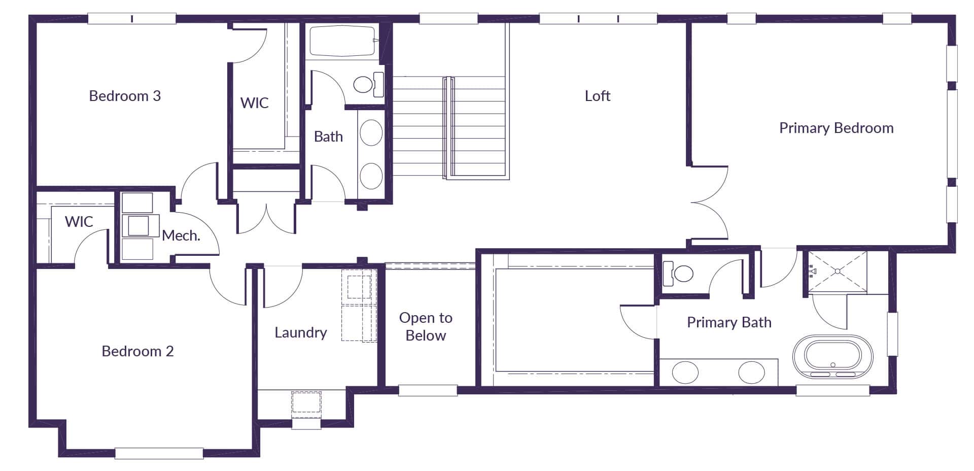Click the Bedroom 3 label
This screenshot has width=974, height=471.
pyautogui.click(x=125, y=96)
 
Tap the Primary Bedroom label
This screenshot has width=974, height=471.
pyautogui.click(x=836, y=128)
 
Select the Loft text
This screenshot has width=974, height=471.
pyautogui.click(x=597, y=96)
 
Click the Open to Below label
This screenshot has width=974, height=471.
pyautogui.click(x=426, y=326)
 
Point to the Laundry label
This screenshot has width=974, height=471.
pyautogui.click(x=300, y=332)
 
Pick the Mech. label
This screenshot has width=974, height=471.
pyautogui.click(x=181, y=236)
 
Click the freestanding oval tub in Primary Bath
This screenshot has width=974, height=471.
pyautogui.click(x=832, y=357)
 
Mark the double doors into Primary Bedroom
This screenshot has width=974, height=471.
pyautogui.click(x=710, y=203)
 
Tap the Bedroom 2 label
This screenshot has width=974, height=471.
pyautogui.click(x=137, y=351)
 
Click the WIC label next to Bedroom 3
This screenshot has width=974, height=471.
pyautogui.click(x=254, y=103)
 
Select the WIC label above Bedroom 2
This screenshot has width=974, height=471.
pyautogui.click(x=79, y=222)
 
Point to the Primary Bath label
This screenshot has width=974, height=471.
pyautogui.click(x=729, y=322)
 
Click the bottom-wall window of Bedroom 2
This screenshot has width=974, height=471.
pyautogui.click(x=159, y=453)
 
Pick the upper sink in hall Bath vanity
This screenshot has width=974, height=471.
pyautogui.click(x=371, y=133)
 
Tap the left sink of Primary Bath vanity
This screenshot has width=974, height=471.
pyautogui.click(x=685, y=373)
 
